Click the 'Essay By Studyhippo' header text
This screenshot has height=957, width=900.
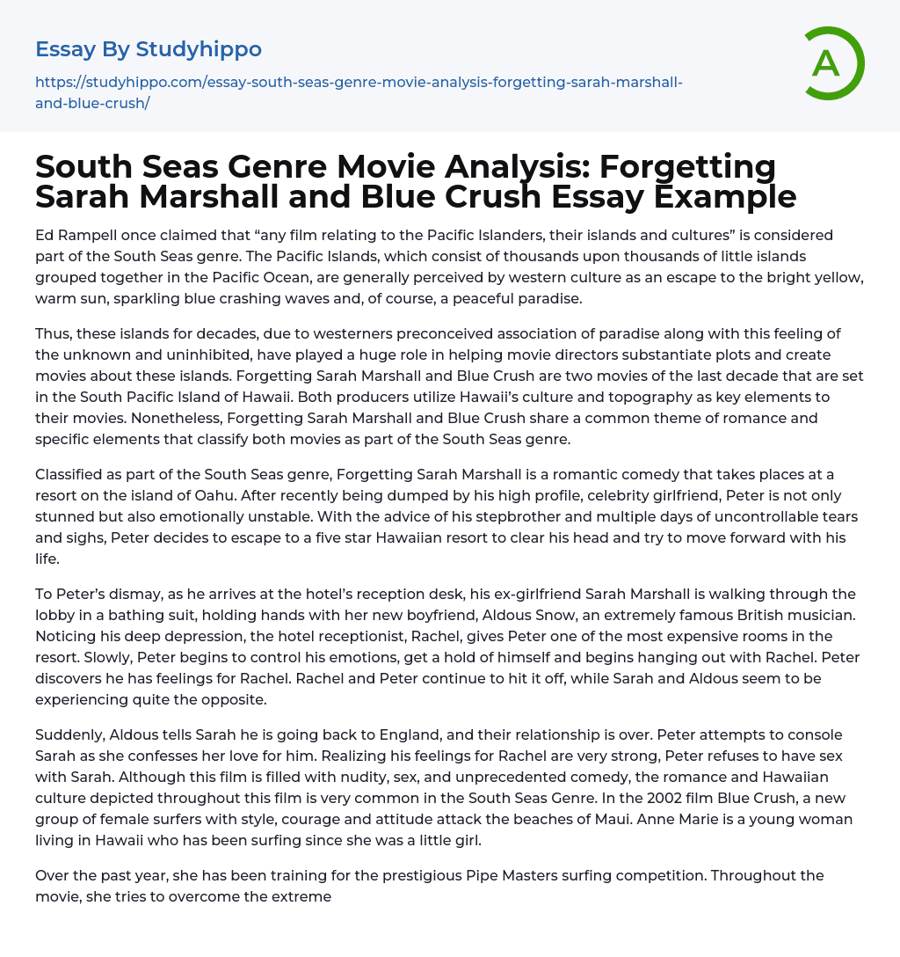coord(149,49)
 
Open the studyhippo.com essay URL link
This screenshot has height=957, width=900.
coord(359,91)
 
